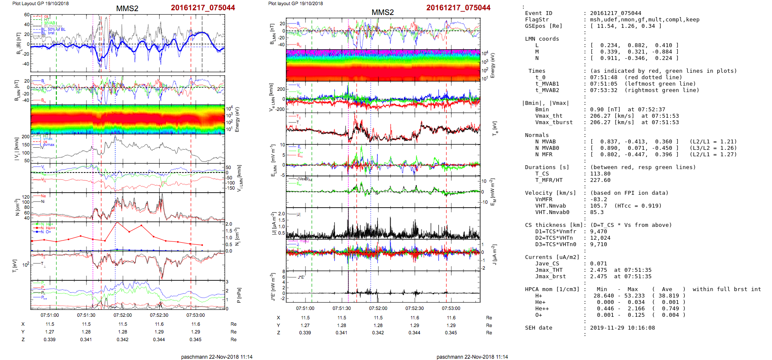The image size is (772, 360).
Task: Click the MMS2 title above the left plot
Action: (x=127, y=9)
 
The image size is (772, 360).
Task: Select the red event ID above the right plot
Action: (x=458, y=8)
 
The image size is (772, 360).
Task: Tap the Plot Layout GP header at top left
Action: (x=40, y=3)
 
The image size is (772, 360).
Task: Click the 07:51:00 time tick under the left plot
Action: (x=50, y=315)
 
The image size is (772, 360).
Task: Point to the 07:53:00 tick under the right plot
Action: (x=451, y=308)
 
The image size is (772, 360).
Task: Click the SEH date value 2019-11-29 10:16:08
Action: (x=622, y=328)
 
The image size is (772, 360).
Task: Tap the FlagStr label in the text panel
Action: (x=537, y=20)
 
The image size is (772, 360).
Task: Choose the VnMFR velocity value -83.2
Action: (x=599, y=199)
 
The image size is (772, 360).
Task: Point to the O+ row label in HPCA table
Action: (x=538, y=315)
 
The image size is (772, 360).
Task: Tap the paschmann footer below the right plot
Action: (x=472, y=357)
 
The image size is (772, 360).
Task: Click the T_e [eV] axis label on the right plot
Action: (x=495, y=128)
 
